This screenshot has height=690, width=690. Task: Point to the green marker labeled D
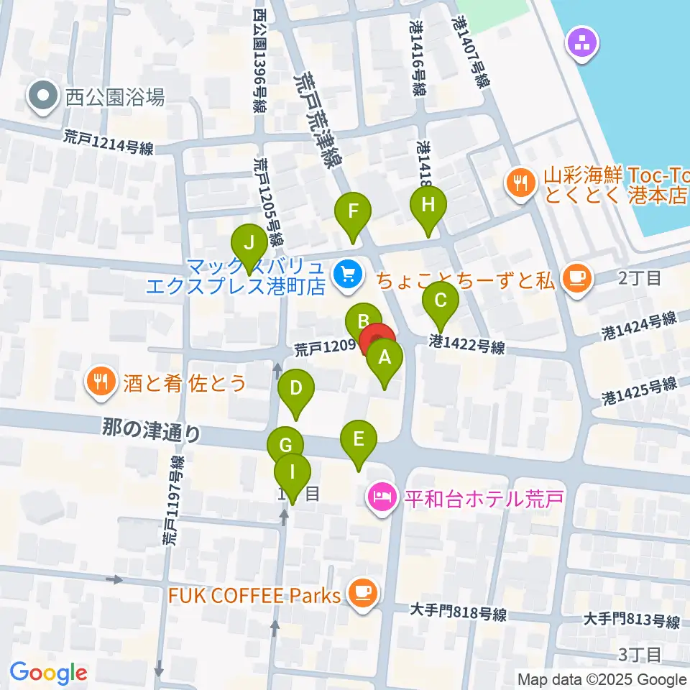pos(295,390)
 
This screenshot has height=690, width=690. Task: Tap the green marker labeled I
pos(293,474)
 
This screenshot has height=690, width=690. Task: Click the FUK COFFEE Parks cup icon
pos(361,593)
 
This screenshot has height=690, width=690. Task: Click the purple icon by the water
pos(582,44)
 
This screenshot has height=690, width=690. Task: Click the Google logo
pos(48,673)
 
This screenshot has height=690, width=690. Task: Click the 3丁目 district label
pos(640,654)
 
